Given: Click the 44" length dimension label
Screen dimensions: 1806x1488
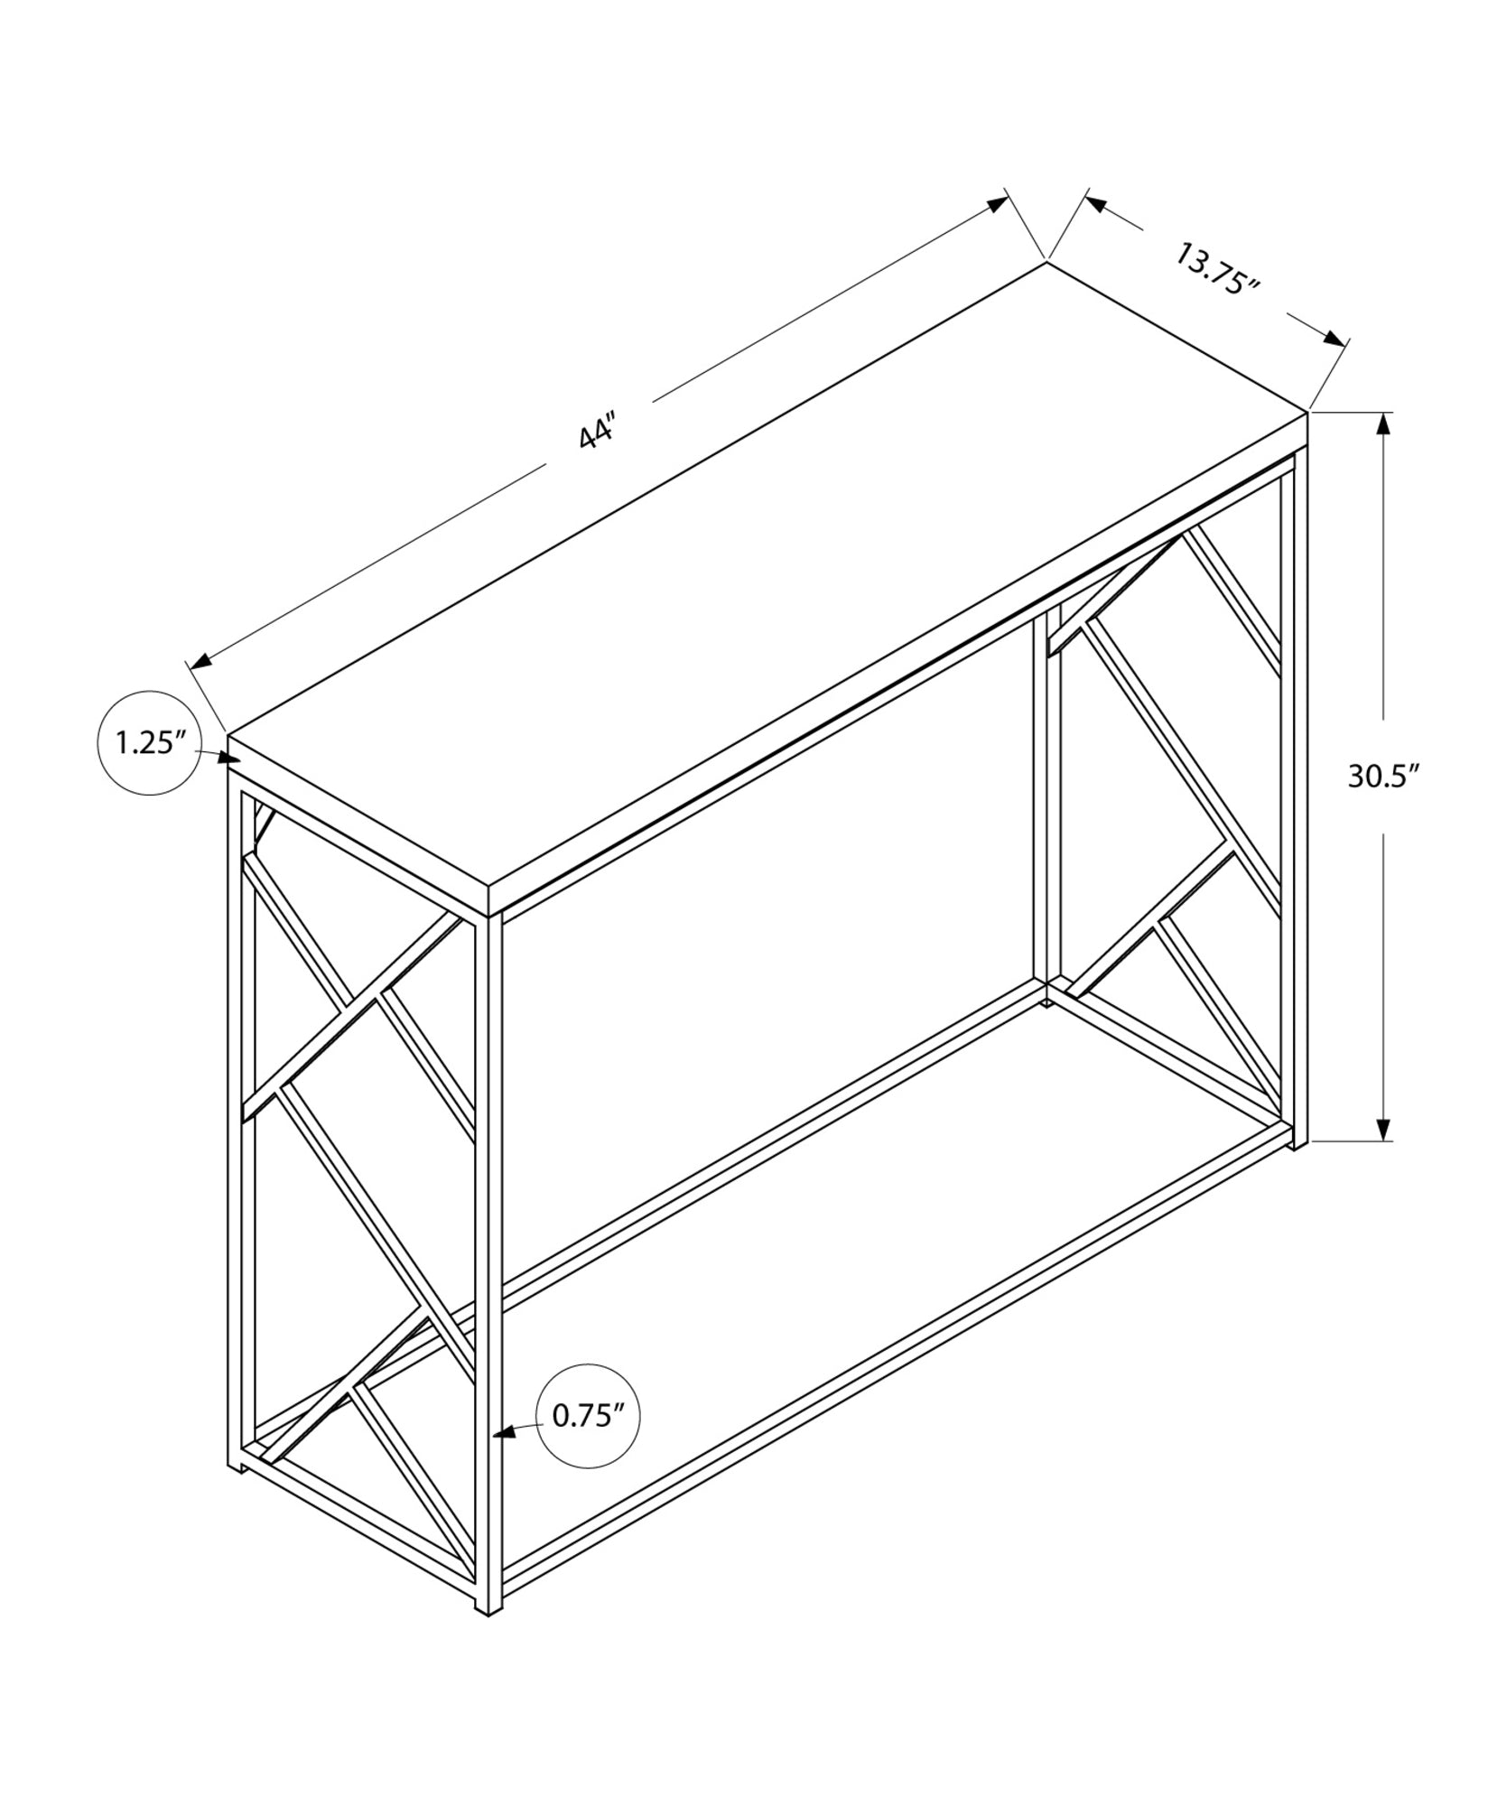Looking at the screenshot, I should pyautogui.click(x=597, y=433).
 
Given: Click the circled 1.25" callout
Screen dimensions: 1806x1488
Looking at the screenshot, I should pyautogui.click(x=150, y=743).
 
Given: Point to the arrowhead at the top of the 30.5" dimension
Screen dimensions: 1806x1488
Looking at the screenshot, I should pyautogui.click(x=1381, y=424).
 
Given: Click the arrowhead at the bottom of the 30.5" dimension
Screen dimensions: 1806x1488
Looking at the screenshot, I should pyautogui.click(x=1382, y=1130).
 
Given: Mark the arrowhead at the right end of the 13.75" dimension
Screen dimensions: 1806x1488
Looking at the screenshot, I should pyautogui.click(x=1333, y=339).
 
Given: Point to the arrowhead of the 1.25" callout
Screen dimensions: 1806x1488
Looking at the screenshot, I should pyautogui.click(x=231, y=757).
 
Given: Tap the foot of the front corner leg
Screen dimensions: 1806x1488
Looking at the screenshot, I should pyautogui.click(x=488, y=1608).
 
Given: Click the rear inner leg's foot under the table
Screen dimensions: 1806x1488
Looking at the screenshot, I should pyautogui.click(x=1046, y=1001).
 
